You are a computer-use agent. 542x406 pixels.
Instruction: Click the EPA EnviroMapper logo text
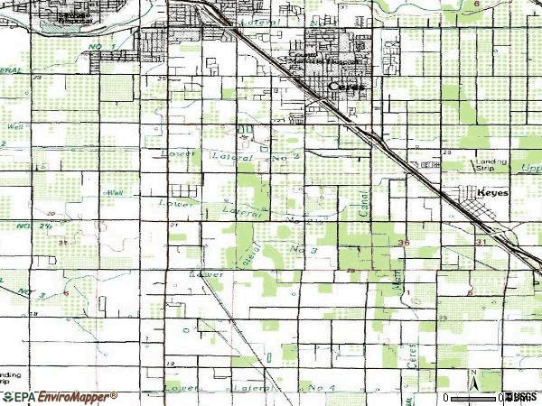click(59, 396)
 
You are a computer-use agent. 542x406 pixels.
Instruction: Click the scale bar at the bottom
click(479, 397)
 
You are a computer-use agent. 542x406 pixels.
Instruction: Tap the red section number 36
click(403, 243)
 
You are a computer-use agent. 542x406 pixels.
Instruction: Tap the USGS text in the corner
click(523, 397)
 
